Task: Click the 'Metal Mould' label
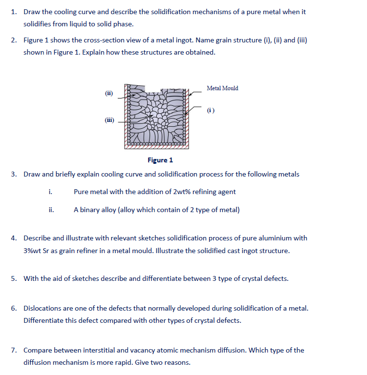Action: [222, 88]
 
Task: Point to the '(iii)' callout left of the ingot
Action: [109, 119]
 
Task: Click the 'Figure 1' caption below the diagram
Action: [160, 160]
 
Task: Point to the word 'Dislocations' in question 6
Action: [43, 308]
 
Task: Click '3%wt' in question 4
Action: [32, 251]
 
